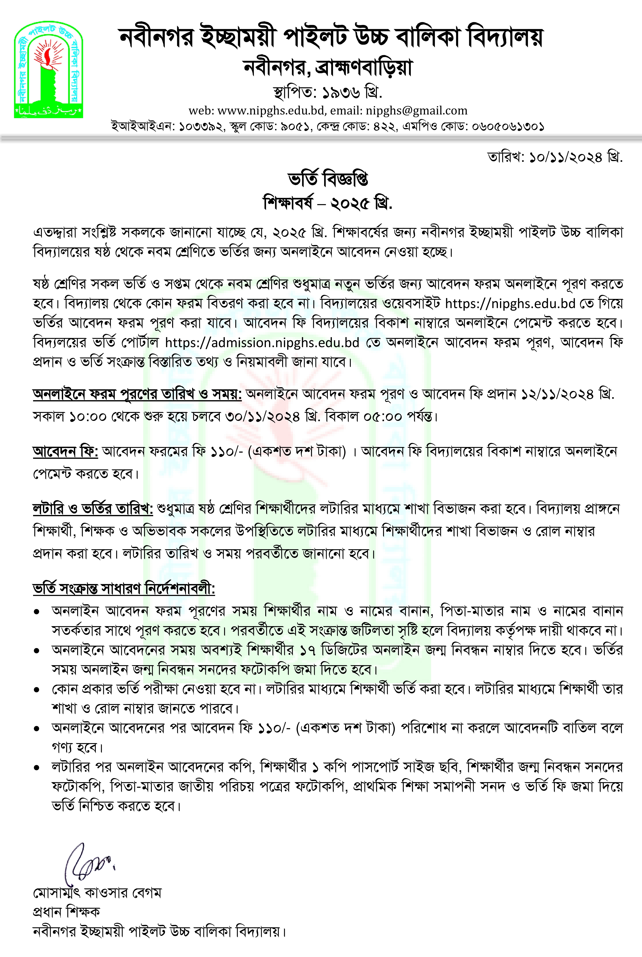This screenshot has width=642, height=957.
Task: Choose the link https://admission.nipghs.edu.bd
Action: tap(262, 342)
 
